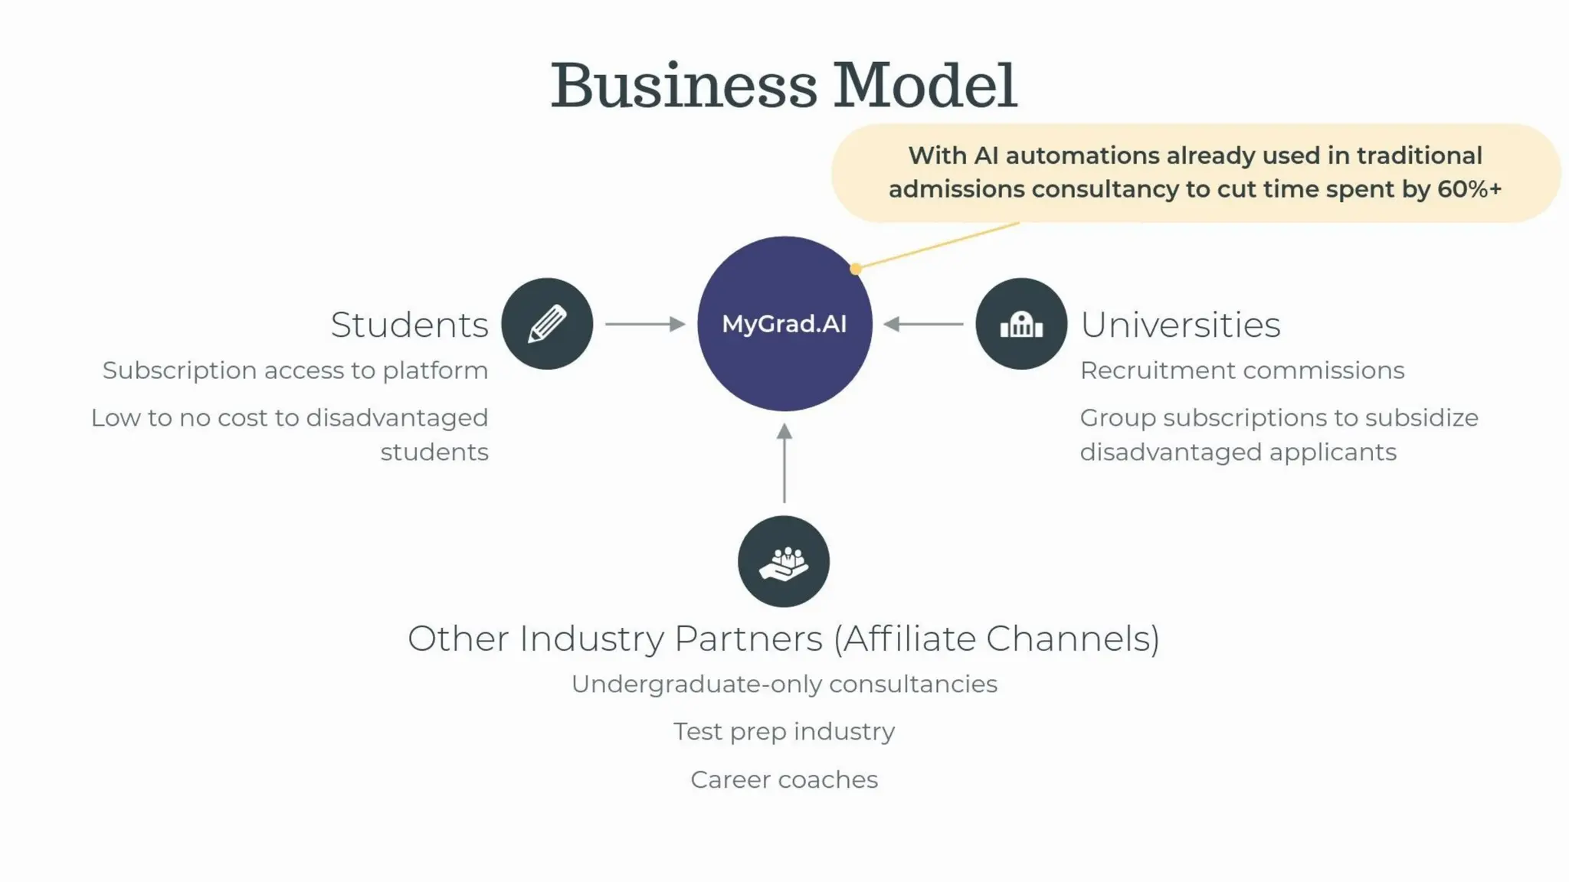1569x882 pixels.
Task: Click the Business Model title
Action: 784,86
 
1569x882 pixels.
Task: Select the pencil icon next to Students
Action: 547,324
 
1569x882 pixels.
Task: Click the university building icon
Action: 1021,324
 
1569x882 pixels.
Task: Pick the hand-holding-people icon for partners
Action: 784,562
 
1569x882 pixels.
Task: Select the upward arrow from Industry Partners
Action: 784,463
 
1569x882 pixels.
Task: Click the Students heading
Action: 409,325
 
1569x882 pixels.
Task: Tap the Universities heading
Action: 1180,325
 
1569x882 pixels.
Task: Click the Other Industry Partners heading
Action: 784,639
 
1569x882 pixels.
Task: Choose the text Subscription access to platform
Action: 295,371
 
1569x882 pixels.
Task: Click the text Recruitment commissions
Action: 1242,371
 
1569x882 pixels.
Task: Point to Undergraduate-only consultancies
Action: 784,684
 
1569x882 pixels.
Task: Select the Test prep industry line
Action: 784,731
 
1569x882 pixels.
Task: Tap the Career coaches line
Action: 784,779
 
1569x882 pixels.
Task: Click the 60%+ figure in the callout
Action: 1469,189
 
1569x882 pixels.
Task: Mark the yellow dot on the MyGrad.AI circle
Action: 856,269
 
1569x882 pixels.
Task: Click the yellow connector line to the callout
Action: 938,245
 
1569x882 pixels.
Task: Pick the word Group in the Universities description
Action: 1117,418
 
